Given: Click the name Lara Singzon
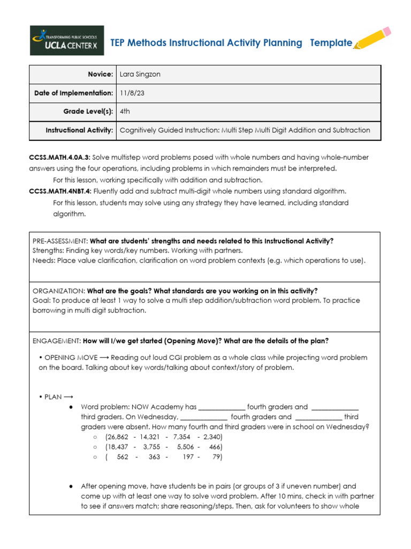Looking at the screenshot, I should [140, 75].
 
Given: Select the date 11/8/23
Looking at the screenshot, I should [132, 93].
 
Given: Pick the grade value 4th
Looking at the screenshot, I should [125, 112].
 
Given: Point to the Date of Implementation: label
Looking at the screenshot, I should [74, 93].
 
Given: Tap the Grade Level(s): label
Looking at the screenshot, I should [88, 112].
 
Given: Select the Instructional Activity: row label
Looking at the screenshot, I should [79, 130].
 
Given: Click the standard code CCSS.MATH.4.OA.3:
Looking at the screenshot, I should [59, 158].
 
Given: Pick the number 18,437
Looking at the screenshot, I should [119, 447].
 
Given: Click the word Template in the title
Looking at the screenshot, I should [331, 43].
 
